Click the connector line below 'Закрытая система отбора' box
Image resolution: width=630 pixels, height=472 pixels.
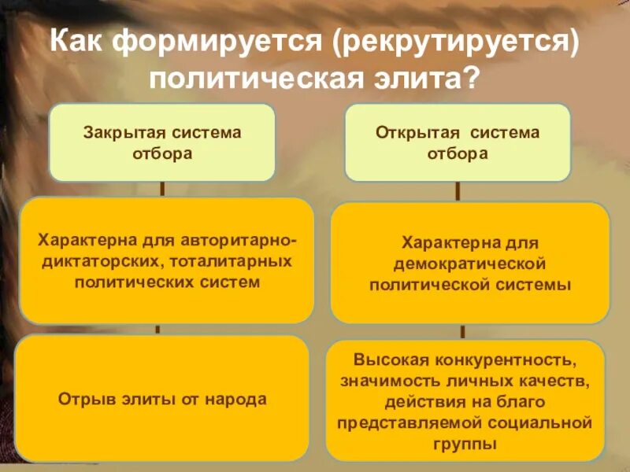(162, 189)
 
